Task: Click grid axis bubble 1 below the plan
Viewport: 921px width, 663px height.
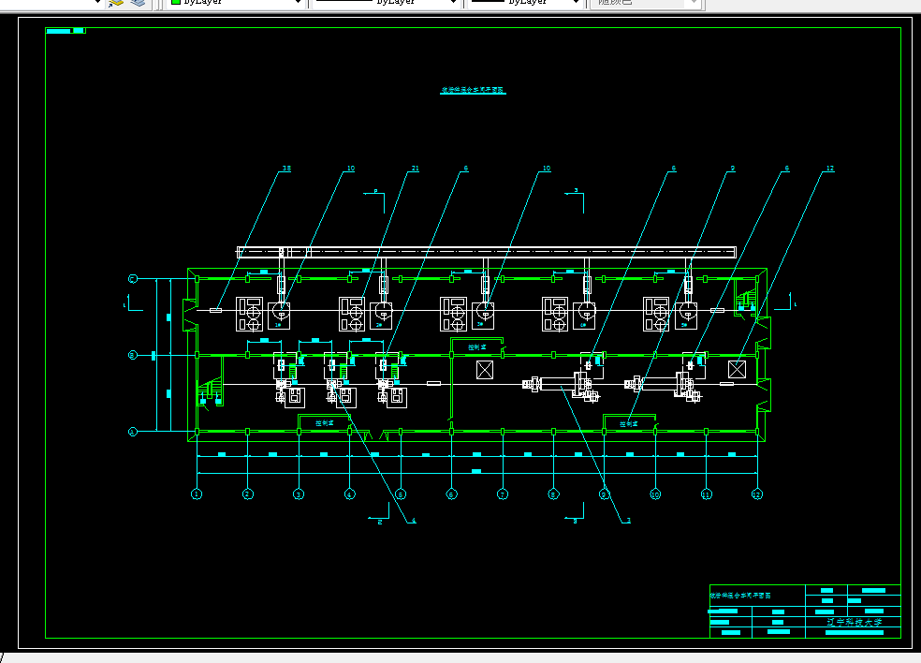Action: [x=197, y=494]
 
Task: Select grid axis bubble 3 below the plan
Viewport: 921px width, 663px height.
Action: [x=299, y=494]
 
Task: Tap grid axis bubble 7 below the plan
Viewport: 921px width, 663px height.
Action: [x=503, y=494]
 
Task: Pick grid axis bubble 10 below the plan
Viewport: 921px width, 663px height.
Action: [x=655, y=494]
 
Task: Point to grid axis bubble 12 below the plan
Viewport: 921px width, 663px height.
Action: [x=756, y=494]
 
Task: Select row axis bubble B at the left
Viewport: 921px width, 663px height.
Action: [x=133, y=355]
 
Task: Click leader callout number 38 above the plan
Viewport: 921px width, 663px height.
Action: [x=286, y=169]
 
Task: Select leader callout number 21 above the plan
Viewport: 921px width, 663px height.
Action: [x=415, y=169]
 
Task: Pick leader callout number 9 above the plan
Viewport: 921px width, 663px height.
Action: [x=732, y=169]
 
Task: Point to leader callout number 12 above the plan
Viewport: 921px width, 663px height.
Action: [x=829, y=169]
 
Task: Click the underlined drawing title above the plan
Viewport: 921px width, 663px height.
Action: [x=473, y=91]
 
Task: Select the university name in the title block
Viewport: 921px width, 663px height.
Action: [x=854, y=621]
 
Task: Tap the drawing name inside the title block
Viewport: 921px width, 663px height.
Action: [x=740, y=595]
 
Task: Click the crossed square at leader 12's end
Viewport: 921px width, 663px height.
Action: [x=736, y=369]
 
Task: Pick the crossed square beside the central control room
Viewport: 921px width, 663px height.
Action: [x=485, y=369]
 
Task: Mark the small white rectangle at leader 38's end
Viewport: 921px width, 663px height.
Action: [x=215, y=310]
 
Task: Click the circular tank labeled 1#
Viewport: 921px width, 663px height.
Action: [x=280, y=313]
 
